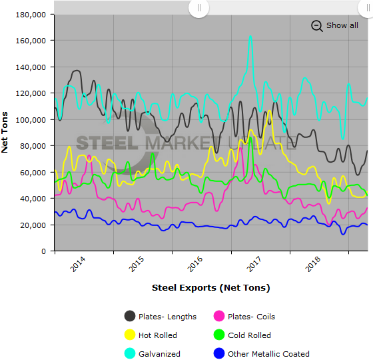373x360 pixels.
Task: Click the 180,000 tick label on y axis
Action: pos(31,14)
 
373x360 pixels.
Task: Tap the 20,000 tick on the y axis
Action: pos(34,225)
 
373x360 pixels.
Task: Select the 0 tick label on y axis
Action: pos(43,251)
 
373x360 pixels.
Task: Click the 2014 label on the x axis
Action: pos(77,265)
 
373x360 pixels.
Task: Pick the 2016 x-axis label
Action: pos(194,265)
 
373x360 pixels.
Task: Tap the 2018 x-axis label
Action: pos(312,265)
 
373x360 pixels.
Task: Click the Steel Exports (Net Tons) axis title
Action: pos(210,288)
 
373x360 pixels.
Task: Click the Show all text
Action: pos(342,25)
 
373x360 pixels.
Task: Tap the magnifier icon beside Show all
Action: pos(316,25)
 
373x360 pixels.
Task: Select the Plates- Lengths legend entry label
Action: pos(167,317)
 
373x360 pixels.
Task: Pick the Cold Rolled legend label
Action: pos(249,335)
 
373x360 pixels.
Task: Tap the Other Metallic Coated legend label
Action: pos(268,354)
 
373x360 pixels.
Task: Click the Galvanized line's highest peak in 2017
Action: pos(250,37)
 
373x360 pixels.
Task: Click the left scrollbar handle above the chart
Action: pos(198,8)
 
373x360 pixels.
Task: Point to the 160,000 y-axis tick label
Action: pos(31,40)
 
